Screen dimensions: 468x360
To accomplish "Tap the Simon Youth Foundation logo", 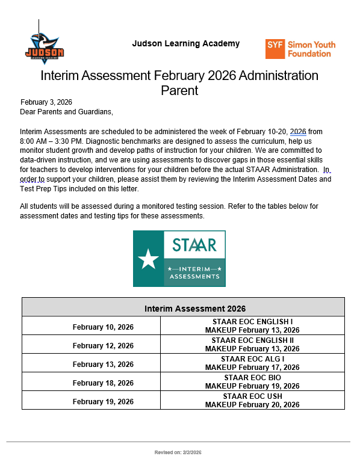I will pyautogui.click(x=300, y=49).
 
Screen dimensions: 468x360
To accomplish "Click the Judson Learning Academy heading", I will pyautogui.click(x=185, y=43).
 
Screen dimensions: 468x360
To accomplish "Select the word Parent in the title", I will pyautogui.click(x=179, y=91).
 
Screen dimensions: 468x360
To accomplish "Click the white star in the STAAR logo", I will pyautogui.click(x=148, y=259).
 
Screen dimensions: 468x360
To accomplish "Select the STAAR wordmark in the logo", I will pyautogui.click(x=194, y=245).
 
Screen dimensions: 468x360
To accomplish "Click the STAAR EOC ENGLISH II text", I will pyautogui.click(x=252, y=340).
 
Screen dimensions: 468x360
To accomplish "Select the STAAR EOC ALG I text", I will pyautogui.click(x=252, y=359).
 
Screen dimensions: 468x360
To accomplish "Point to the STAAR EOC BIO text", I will pyautogui.click(x=252, y=378).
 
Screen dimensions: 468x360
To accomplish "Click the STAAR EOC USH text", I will pyautogui.click(x=252, y=396).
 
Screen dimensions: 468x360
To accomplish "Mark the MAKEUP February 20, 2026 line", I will pyautogui.click(x=252, y=405).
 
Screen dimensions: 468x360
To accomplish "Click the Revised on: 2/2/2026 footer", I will pyautogui.click(x=178, y=452).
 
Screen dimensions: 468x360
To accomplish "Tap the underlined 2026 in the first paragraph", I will pyautogui.click(x=299, y=131).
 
